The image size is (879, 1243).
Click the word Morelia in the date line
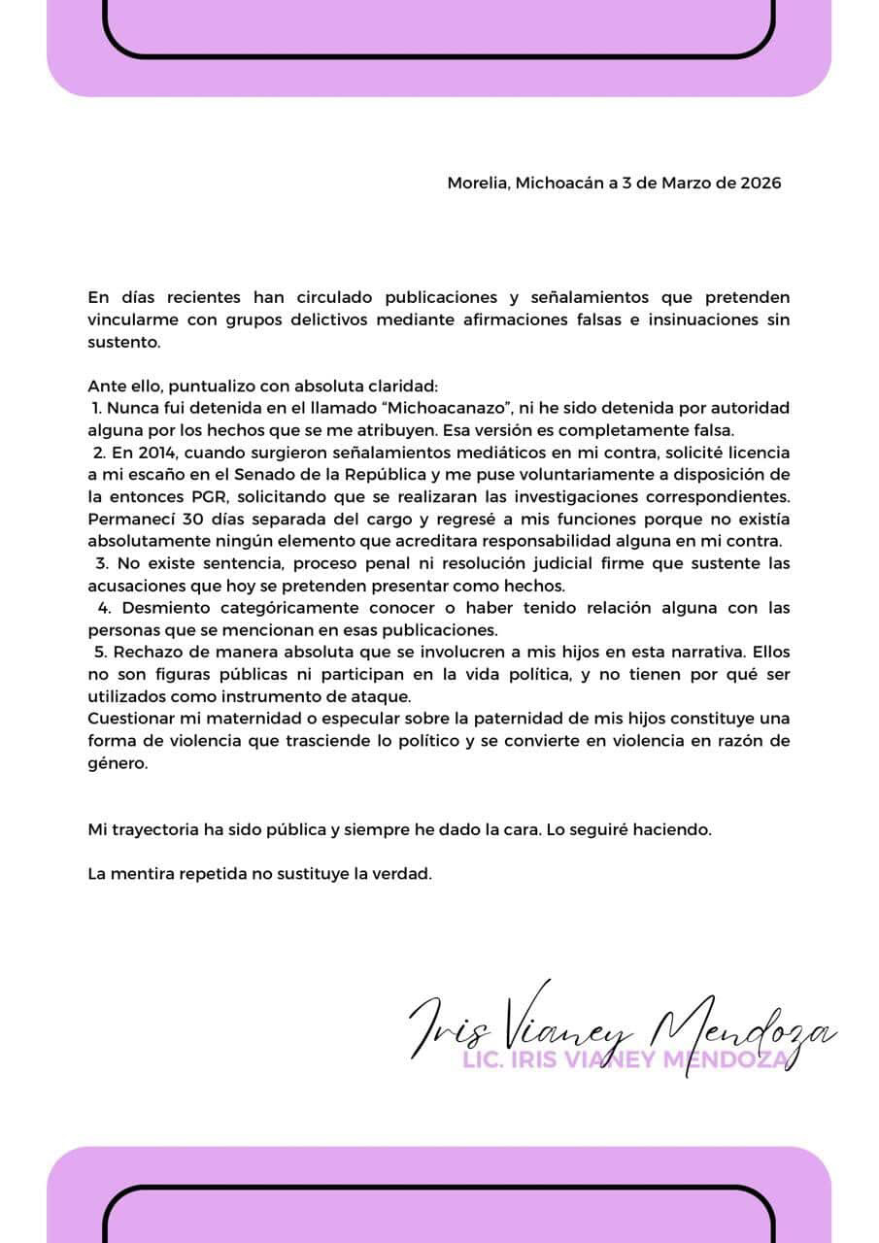pyautogui.click(x=475, y=183)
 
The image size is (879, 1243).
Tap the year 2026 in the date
pyautogui.click(x=761, y=183)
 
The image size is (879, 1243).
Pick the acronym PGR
pyautogui.click(x=208, y=497)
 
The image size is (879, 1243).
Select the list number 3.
pyautogui.click(x=100, y=563)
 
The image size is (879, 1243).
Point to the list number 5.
pyautogui.click(x=100, y=653)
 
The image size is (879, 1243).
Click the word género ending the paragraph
pyautogui.click(x=117, y=763)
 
